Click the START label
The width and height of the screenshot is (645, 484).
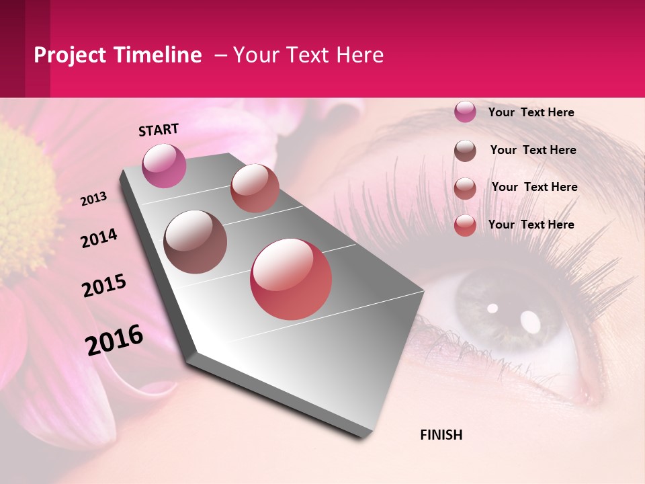point(159,130)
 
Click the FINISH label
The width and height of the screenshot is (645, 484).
point(441,435)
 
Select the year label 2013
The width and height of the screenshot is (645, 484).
point(94,199)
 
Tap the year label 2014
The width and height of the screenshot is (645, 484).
point(99,238)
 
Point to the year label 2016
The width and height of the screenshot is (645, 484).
point(114,339)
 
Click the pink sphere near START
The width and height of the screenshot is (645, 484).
point(164,165)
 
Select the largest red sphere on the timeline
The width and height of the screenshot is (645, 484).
point(291,279)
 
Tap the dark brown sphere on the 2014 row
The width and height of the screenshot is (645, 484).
point(195,241)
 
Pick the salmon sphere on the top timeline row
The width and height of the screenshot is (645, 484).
point(255,188)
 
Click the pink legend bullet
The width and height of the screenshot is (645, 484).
point(465,112)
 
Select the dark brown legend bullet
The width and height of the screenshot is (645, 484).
point(465,150)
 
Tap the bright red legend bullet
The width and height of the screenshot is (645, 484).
point(465,225)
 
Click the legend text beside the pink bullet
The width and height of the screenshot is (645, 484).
point(531,112)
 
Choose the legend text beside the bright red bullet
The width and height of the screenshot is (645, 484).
point(531,225)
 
